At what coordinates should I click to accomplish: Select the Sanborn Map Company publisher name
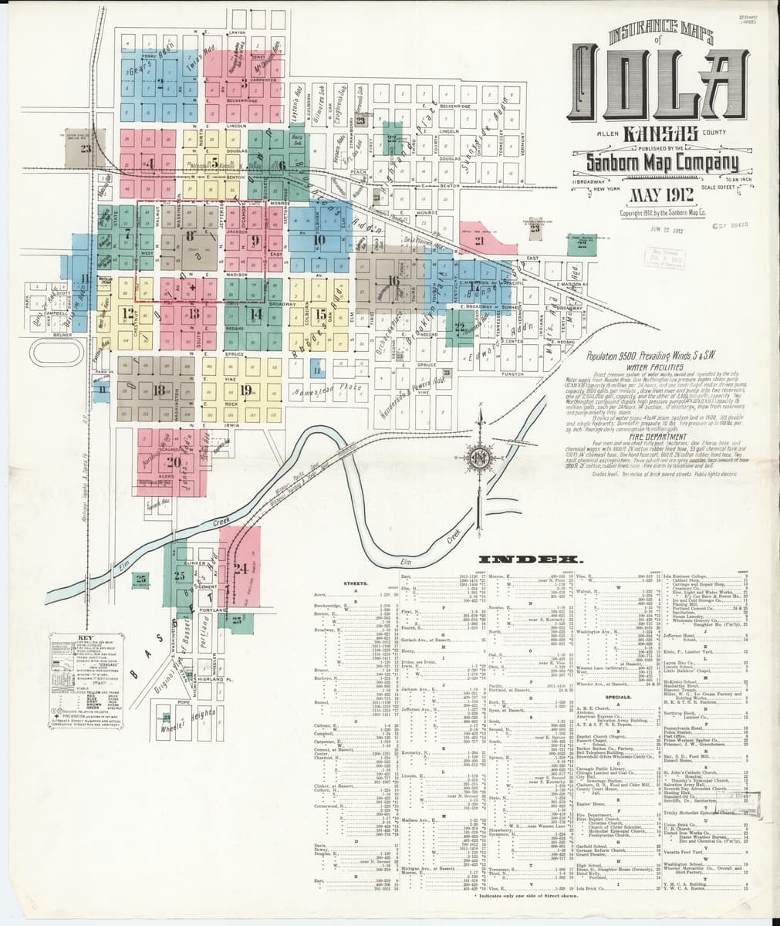(661, 163)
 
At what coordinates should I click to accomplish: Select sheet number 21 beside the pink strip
(479, 241)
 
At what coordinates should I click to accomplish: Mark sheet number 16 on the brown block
(394, 280)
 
